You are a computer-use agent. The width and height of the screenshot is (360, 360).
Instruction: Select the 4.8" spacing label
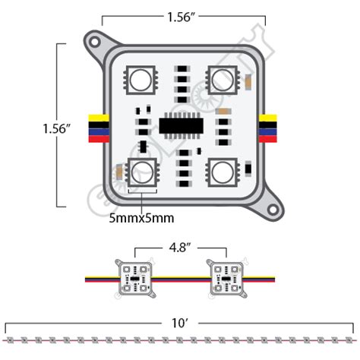pyautogui.click(x=180, y=247)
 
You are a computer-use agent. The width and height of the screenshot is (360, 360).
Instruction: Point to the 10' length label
pyautogui.click(x=180, y=322)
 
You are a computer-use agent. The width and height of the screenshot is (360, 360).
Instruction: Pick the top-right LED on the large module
pyautogui.click(x=222, y=77)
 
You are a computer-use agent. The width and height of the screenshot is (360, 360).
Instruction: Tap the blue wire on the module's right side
pyautogui.click(x=268, y=131)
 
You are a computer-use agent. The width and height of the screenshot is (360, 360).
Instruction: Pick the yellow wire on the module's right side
pyautogui.click(x=268, y=118)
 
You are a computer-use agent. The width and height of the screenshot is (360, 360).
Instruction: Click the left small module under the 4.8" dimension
pyautogui.click(x=133, y=277)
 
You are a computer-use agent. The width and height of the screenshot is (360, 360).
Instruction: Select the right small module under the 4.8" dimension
pyautogui.click(x=226, y=277)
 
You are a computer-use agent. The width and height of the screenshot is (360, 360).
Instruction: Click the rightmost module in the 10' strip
pyautogui.click(x=349, y=337)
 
